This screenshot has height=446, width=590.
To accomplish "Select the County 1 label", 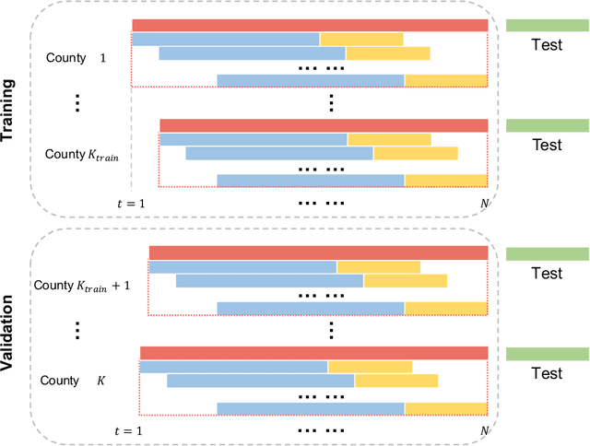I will (x=77, y=57).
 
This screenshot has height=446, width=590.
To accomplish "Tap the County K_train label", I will (x=82, y=155).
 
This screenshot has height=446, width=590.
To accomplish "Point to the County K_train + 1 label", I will (x=82, y=286).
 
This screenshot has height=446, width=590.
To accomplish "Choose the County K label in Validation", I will (x=77, y=380).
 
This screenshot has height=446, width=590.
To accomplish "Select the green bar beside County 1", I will (x=547, y=26).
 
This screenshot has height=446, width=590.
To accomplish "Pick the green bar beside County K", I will (x=547, y=354).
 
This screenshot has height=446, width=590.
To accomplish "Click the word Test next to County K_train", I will (x=547, y=145).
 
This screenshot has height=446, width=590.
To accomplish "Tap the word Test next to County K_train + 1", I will (x=547, y=274).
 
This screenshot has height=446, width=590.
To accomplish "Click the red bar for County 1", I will (x=310, y=26).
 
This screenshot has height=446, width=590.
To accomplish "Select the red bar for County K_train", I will (x=324, y=124).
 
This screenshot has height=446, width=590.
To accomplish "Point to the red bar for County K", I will (x=313, y=353).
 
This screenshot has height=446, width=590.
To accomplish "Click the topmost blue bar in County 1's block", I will (x=226, y=39).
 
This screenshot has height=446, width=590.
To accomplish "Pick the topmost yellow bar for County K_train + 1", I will (x=378, y=267).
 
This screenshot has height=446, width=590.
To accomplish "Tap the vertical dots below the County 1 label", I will (x=77, y=103).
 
